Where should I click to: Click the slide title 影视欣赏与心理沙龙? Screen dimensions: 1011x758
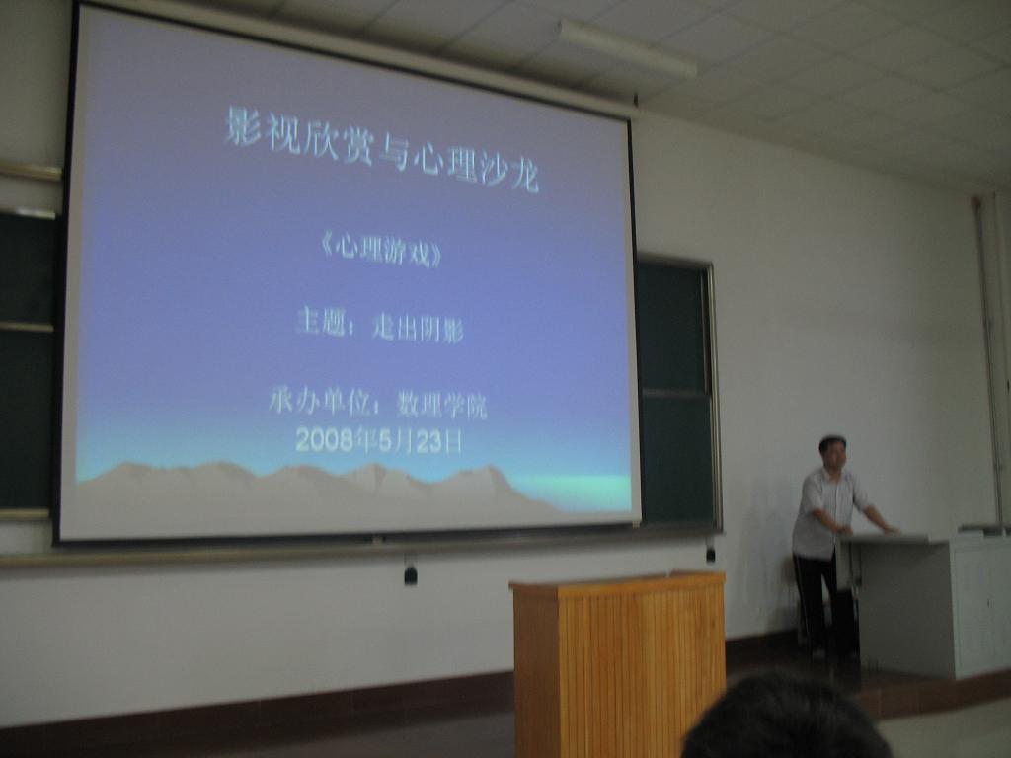coord(382,148)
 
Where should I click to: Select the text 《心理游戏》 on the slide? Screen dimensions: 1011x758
coord(382,251)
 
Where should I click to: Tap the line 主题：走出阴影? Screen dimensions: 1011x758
coord(379,325)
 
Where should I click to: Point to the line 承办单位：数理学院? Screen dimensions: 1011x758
coord(378,404)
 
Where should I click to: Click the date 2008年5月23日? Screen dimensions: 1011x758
coord(379,440)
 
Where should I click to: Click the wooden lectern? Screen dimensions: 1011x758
coord(619,664)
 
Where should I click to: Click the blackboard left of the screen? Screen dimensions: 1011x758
coord(27,361)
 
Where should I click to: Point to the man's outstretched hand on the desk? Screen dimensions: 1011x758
coord(890,529)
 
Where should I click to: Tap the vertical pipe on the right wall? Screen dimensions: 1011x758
coord(989,361)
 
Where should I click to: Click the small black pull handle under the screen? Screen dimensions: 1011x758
coord(410,573)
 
